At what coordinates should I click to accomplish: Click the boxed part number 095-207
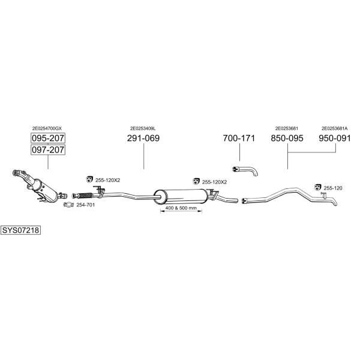48,138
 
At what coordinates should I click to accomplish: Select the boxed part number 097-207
48,149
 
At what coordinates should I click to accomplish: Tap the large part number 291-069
143,138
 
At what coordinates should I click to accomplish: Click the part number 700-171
239,138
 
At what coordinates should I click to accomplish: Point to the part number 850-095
287,138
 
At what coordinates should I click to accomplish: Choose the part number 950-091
335,138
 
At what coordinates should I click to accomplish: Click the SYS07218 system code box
20,230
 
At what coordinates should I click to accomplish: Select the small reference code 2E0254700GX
47,128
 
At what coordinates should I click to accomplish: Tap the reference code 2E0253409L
143,128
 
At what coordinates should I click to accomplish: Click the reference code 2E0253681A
335,128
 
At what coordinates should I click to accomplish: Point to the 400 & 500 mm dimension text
181,208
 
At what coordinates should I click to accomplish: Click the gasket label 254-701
85,205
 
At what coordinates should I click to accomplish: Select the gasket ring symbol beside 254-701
68,205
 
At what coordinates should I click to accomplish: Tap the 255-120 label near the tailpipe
333,188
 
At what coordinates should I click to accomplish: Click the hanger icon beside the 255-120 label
317,187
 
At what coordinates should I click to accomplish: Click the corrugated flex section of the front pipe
85,196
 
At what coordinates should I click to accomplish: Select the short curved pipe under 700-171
245,170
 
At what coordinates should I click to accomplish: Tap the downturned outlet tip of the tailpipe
335,203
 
